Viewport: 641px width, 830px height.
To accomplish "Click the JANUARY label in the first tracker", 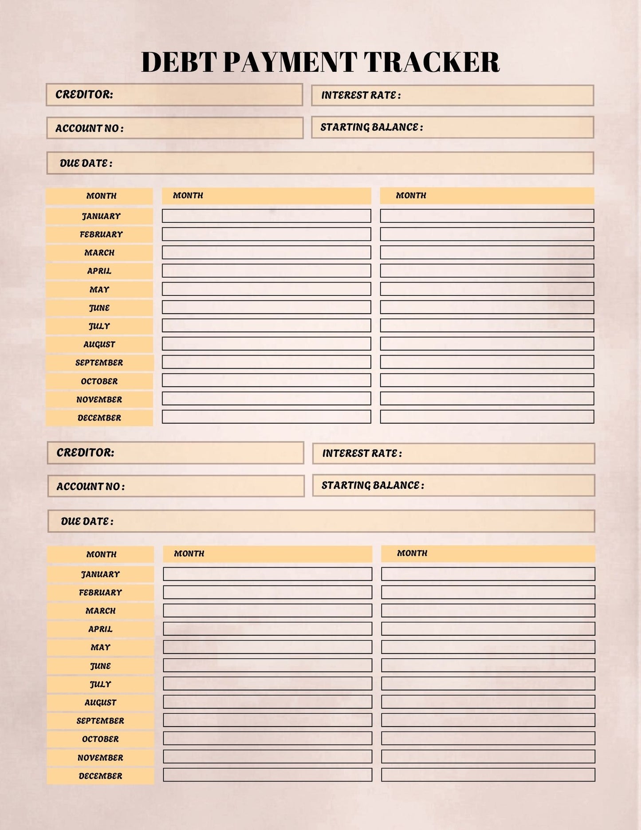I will click(101, 216).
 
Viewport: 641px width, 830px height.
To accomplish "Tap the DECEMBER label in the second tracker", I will click(100, 776).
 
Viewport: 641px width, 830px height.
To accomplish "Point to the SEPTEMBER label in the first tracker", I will click(99, 362).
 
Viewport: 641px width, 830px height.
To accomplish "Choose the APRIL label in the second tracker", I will click(100, 629).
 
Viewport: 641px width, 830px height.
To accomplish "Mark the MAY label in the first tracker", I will click(99, 290).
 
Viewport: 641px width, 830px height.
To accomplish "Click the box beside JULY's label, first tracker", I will click(266, 326).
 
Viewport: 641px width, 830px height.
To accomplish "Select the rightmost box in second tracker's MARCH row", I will click(488, 610).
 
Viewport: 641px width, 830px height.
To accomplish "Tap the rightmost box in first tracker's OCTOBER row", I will click(487, 380).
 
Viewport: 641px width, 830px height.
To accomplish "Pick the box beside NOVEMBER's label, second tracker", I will click(267, 757).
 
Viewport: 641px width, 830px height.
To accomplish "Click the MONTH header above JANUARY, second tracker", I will click(101, 554).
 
